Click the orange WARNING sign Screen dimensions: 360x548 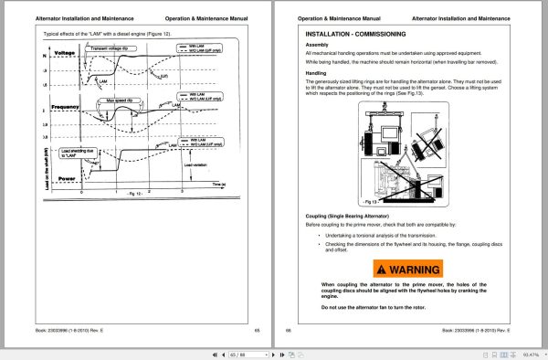pos(407,270)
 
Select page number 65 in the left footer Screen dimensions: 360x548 pos(257,329)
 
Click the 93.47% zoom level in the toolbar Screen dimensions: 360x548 pos(531,351)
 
